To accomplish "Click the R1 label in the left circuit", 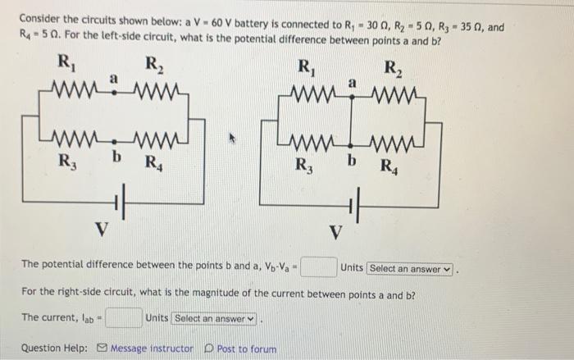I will coord(63,62).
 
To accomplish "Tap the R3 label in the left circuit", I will coord(64,158).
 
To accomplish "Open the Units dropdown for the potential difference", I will coord(410,268).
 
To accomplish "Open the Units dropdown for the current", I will coord(215,318).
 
